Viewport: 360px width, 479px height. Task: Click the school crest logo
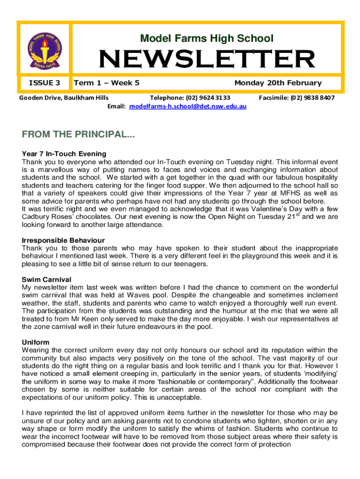(45, 48)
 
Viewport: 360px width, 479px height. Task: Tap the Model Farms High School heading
(207, 38)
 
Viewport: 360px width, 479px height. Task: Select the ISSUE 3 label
(44, 83)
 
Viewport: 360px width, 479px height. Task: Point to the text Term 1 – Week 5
(107, 83)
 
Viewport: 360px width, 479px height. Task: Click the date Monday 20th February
(278, 83)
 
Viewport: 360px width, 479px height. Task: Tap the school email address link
(188, 106)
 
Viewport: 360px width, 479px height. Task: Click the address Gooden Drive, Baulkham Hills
(64, 98)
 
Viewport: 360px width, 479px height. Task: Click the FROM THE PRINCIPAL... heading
(78, 135)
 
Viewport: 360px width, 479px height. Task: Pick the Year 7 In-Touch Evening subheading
(64, 153)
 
